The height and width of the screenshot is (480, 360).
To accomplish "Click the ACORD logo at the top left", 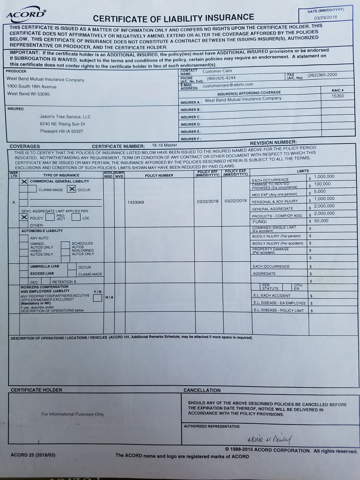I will (x=26, y=14).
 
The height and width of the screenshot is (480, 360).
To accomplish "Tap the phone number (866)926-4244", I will (x=221, y=78).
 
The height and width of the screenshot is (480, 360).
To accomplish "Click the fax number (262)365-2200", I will (x=322, y=75).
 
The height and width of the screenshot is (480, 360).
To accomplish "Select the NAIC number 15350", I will (x=338, y=96).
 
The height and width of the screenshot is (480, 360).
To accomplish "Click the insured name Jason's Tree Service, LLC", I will (x=65, y=117).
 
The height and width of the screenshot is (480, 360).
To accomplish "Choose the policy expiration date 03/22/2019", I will (x=236, y=201).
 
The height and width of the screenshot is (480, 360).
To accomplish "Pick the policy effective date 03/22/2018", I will (x=208, y=201).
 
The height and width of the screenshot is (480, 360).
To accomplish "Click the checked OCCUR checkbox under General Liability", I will (x=72, y=189).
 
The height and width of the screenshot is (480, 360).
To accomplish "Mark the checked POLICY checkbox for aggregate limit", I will (x=24, y=217).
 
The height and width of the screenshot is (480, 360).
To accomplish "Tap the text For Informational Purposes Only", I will (x=73, y=414).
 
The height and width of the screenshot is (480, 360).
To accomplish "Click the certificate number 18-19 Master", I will (x=165, y=145).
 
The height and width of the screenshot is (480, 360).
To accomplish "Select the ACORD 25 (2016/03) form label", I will (x=33, y=455).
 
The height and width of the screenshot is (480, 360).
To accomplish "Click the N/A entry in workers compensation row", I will (x=109, y=297).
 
